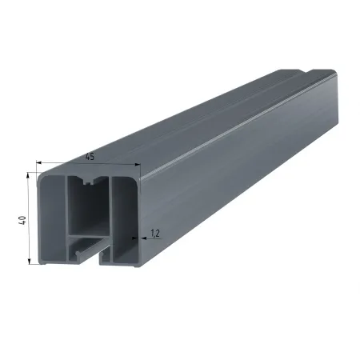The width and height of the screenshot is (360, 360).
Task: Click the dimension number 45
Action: (90, 157)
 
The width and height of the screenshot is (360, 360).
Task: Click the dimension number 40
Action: (22, 220)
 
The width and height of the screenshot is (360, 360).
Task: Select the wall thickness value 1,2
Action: (155, 234)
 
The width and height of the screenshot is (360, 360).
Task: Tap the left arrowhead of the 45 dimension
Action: (39, 162)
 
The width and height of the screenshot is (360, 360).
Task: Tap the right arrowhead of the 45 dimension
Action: (138, 165)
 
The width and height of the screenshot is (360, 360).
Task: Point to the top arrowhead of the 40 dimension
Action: (28, 175)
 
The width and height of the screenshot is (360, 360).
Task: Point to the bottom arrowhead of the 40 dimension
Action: (30, 261)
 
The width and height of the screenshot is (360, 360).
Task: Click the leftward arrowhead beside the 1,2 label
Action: (144, 238)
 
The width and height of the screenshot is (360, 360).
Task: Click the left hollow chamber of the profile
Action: (53, 219)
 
